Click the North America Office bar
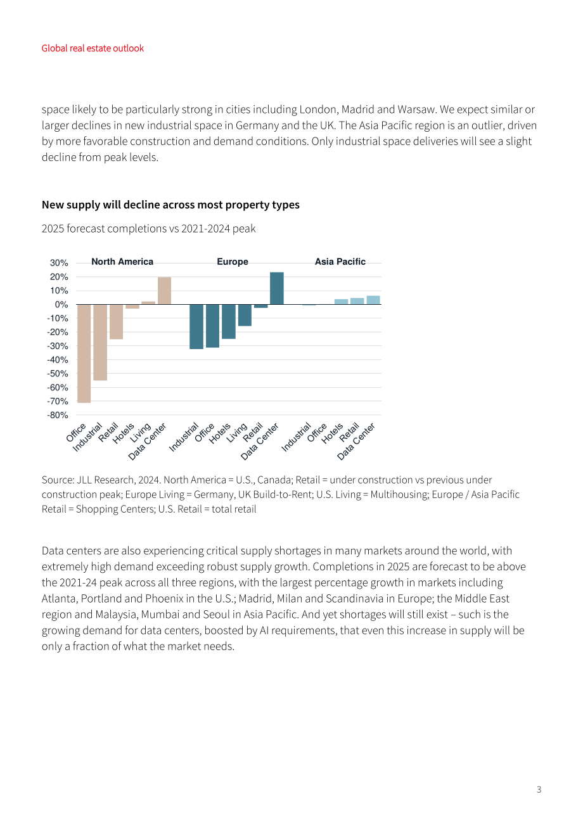[84, 354]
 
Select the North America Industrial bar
[100, 343]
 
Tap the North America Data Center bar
[165, 291]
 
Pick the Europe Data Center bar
[277, 288]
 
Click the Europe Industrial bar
[196, 327]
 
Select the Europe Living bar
[245, 316]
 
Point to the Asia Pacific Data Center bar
[373, 300]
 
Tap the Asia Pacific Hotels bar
[341, 302]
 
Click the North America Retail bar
[117, 322]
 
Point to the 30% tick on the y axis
[59, 263]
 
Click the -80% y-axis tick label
[58, 415]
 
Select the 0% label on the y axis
[61, 305]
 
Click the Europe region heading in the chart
[233, 262]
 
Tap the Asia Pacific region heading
[340, 262]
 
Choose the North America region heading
[122, 262]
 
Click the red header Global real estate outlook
[93, 48]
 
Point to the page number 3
[539, 790]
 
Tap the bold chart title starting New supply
[170, 205]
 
